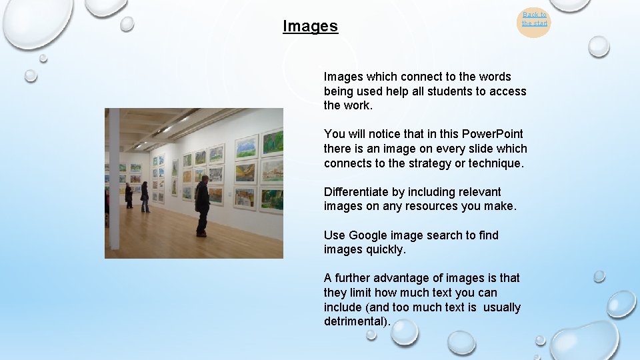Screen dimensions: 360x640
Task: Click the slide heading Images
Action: (310, 27)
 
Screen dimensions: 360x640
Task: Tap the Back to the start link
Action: (534, 19)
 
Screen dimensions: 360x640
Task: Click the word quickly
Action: (385, 250)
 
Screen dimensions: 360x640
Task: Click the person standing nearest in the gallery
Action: (202, 205)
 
